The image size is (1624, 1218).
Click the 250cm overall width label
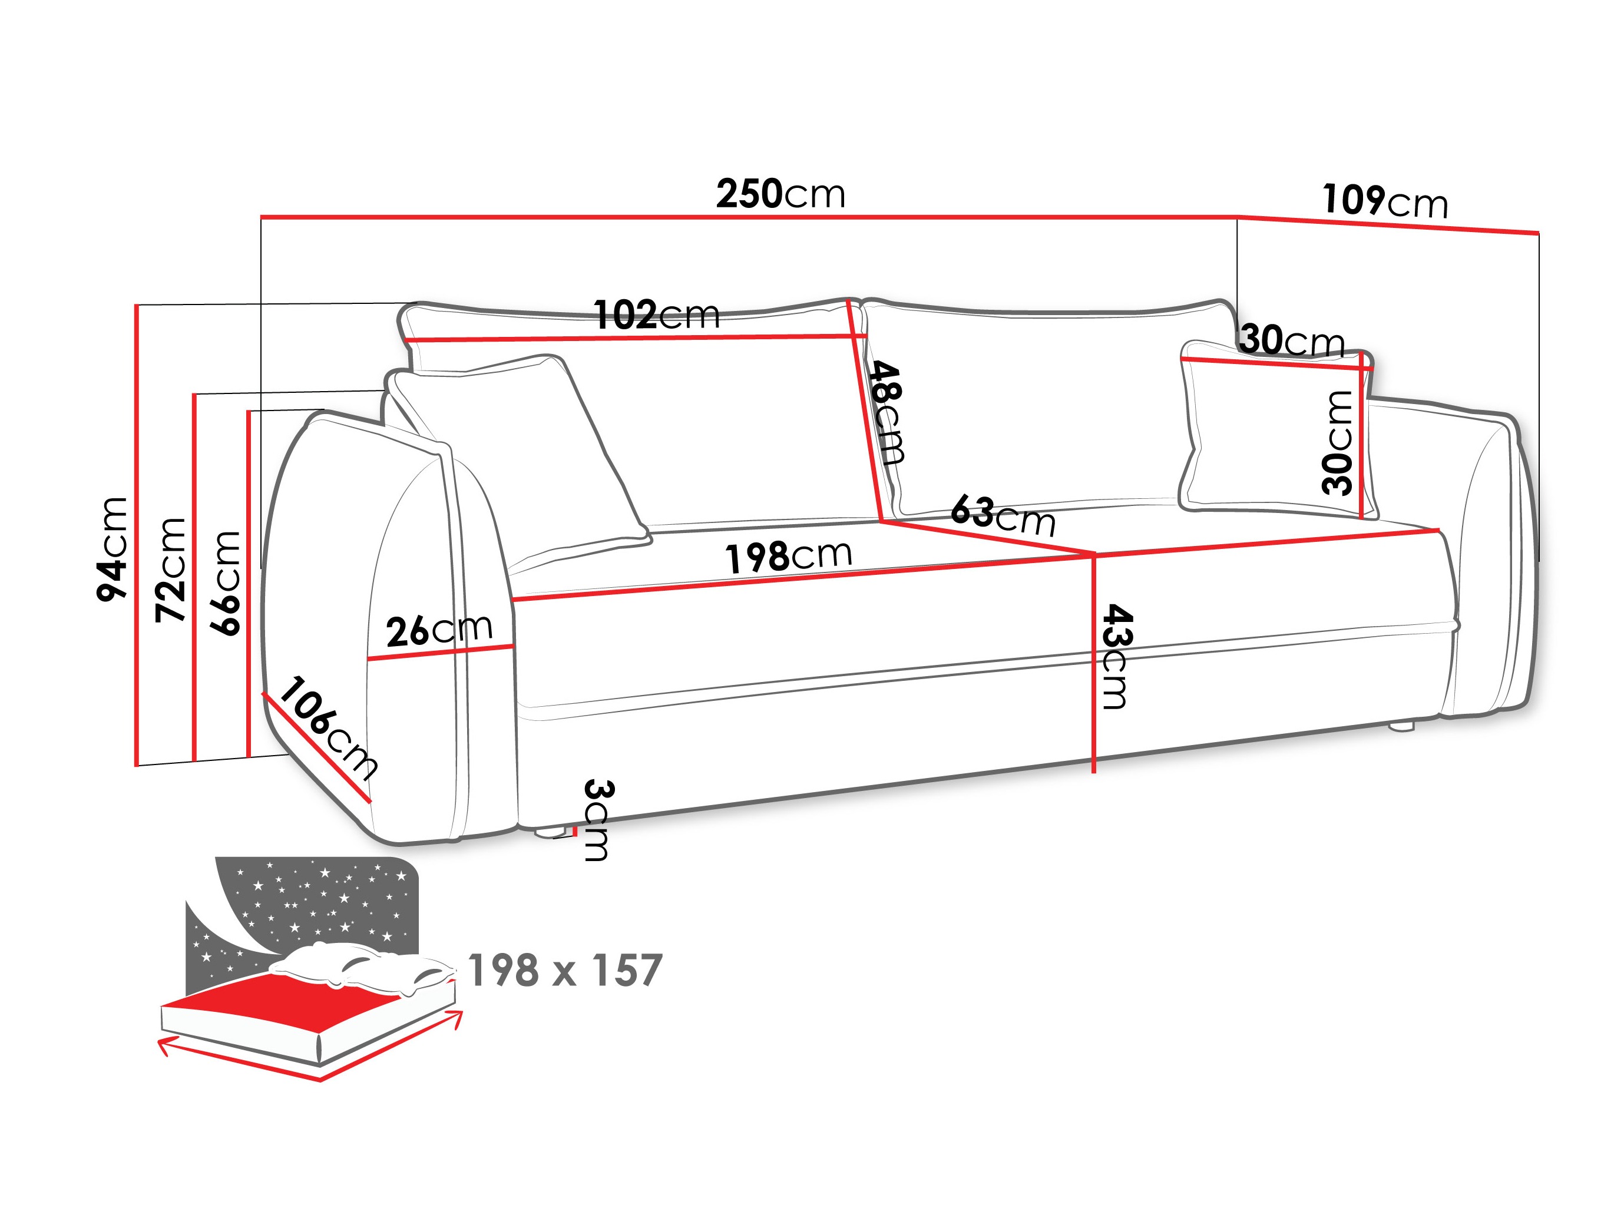(780, 194)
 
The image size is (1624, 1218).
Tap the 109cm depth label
(1385, 201)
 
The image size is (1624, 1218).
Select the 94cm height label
(113, 549)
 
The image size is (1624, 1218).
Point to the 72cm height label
(171, 570)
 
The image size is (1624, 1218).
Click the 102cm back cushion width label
(656, 316)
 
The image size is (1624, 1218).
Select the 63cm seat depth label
(1003, 515)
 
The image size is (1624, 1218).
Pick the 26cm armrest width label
(439, 630)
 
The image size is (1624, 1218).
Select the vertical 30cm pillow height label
(1337, 443)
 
